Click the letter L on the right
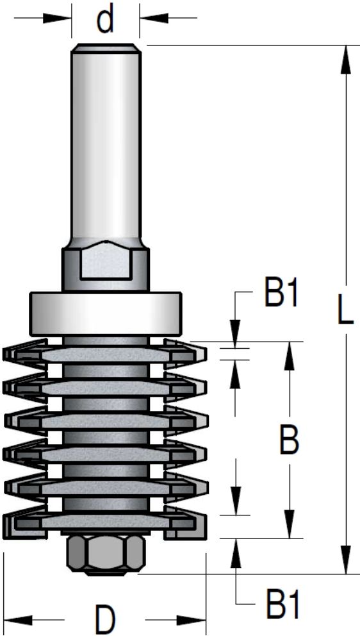point(345,309)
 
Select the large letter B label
point(290,440)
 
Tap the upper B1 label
point(282,292)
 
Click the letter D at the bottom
point(105,620)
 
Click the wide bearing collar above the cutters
point(106,314)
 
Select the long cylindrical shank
point(106,143)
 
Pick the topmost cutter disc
point(105,354)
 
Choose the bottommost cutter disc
point(105,522)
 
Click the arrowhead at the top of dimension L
point(346,59)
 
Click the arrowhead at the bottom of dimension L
point(346,559)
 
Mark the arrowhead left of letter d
point(57,18)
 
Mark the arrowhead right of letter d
point(154,18)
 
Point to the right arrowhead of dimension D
point(192,620)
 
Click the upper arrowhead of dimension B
point(290,356)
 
